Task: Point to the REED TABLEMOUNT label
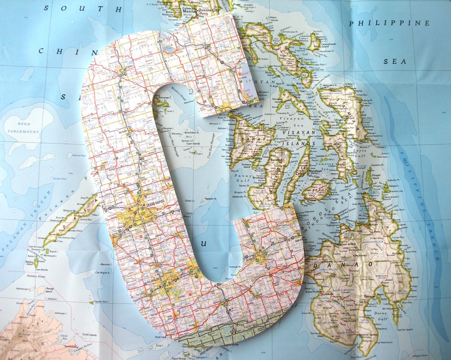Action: click(x=23, y=128)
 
